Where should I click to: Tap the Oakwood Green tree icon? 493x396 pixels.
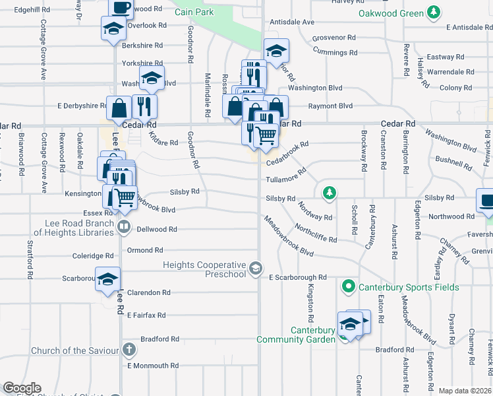pos(433,13)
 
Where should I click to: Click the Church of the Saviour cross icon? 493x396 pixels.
pos(129,350)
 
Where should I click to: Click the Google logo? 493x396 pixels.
pos(22,388)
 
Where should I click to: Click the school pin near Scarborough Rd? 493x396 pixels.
pos(108,279)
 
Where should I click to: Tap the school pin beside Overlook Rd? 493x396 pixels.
pos(113,28)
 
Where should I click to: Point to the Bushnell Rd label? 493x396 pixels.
pos(451,160)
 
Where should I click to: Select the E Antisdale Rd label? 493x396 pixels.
pos(469,27)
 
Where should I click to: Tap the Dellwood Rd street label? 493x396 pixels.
pos(157,229)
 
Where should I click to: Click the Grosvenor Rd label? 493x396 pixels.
pos(335,38)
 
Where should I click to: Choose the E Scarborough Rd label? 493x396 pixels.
pos(298,278)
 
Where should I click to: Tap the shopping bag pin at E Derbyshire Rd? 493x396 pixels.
pos(119,107)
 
